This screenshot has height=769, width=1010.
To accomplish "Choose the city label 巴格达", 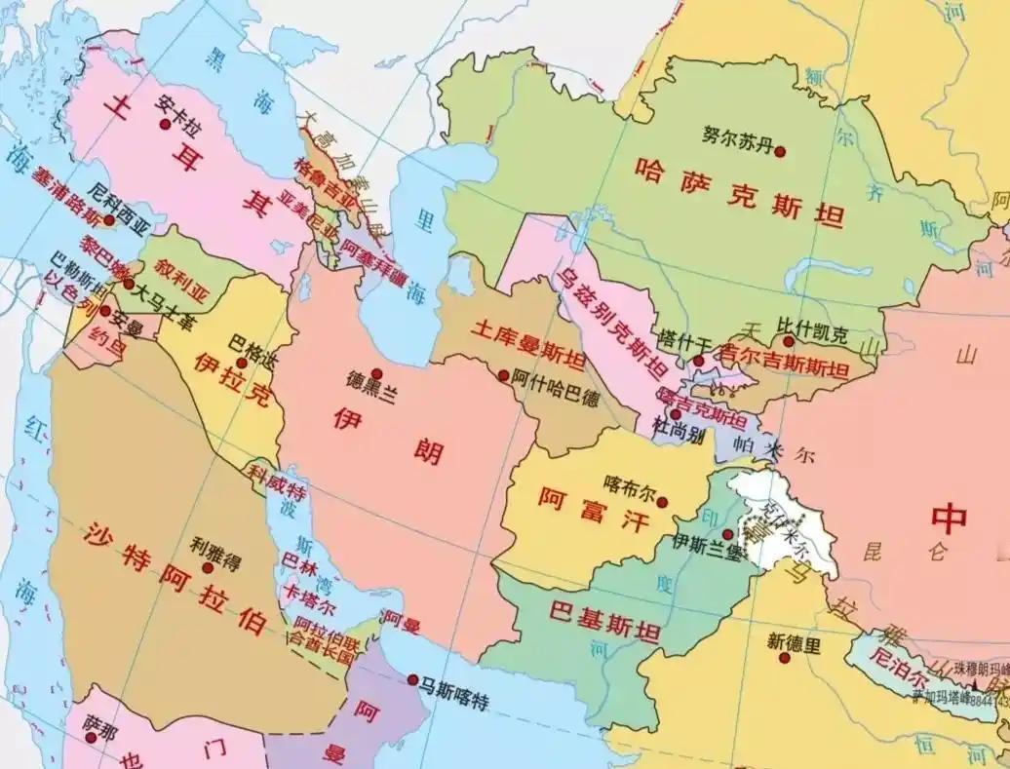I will pyautogui.click(x=252, y=342).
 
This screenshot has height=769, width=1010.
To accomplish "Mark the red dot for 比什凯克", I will pyautogui.click(x=789, y=342).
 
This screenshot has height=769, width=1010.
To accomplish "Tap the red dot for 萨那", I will pyautogui.click(x=91, y=738).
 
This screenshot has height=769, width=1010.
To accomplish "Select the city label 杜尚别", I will pyautogui.click(x=679, y=432).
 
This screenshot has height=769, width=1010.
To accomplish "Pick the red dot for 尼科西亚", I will pyautogui.click(x=109, y=221).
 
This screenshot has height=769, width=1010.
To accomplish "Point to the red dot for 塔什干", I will pyautogui.click(x=698, y=361).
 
